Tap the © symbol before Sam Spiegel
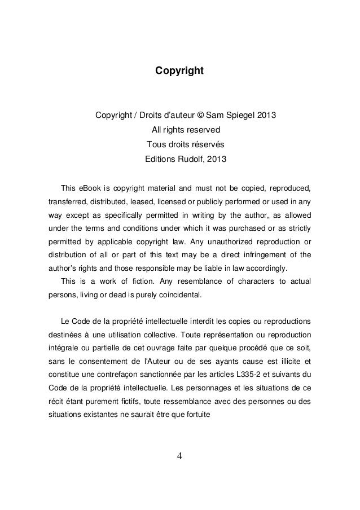(200, 117)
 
